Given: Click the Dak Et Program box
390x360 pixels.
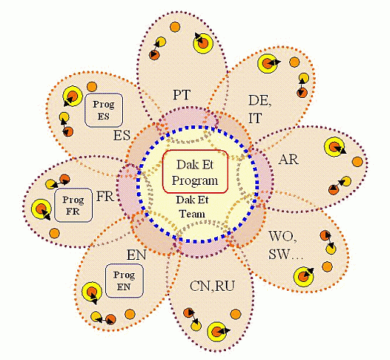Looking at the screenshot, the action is pos(195,172).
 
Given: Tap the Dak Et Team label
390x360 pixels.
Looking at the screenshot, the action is pos(192,207).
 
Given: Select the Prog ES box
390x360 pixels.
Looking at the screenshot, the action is pos(104,110).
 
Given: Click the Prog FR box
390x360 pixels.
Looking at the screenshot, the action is pos(74,205).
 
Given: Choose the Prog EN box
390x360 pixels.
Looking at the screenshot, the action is pos(124,281).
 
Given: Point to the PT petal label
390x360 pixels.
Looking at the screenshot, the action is pos(182,95).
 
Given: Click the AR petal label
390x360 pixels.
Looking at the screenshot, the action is pos(288,160).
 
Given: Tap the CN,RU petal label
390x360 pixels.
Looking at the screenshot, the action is pos(212,286).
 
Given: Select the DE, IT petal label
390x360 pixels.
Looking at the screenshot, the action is pos(260,110).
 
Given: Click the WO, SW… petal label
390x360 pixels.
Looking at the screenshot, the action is pos(286,245).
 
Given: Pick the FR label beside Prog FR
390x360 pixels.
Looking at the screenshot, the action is pos(105,197).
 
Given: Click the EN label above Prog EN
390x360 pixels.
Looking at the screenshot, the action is pos(137,255).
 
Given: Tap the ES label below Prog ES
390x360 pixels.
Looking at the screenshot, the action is pos(121,135).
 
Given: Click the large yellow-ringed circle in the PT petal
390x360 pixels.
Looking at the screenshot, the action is pos(203,43).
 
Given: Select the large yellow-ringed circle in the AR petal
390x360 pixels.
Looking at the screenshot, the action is pos(334,147).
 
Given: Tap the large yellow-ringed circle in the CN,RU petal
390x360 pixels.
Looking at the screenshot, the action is pos(217,331).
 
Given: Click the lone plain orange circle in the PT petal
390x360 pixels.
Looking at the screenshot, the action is pos(175,27).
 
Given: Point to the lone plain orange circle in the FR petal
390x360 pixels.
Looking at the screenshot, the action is pos(54,233).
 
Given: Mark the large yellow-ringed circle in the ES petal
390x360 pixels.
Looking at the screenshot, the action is pos(73,96).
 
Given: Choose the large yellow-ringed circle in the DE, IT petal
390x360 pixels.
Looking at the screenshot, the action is pos(267,64).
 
